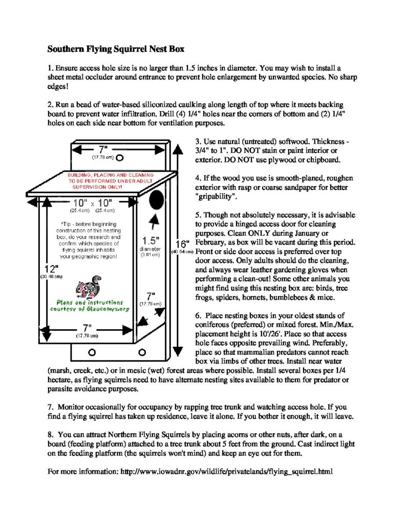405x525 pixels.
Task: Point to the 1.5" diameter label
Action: [x=152, y=240]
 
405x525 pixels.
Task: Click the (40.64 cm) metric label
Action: [x=182, y=252]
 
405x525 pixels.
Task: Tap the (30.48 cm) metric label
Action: [x=50, y=277]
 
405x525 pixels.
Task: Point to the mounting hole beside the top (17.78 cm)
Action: [x=119, y=157]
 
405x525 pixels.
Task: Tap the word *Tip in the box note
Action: [x=67, y=224]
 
